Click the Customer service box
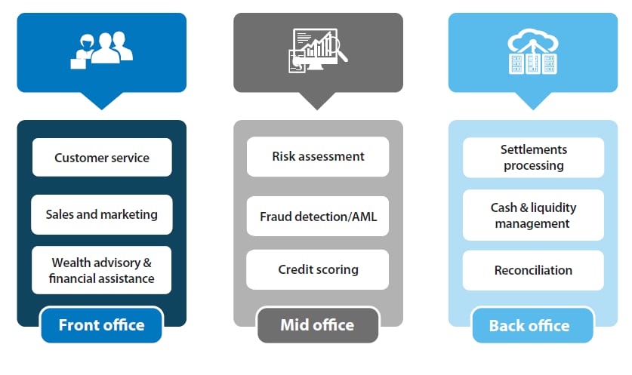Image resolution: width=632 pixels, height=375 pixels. click(102, 157)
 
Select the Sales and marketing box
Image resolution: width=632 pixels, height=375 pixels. click(102, 214)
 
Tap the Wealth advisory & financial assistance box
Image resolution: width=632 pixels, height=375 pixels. click(102, 270)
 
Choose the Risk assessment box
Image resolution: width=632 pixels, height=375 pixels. click(318, 156)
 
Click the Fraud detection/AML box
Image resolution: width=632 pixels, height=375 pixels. click(318, 217)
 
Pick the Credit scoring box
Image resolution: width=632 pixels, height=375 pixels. click(318, 269)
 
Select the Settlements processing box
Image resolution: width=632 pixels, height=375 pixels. click(533, 158)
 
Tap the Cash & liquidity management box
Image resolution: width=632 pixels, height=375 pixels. click(533, 215)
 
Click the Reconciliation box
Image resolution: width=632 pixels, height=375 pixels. click(533, 270)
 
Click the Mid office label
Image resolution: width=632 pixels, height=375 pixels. click(318, 325)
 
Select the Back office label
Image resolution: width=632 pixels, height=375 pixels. click(532, 325)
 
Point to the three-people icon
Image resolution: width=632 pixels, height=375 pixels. click(102, 50)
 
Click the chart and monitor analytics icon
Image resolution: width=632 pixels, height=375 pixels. click(318, 51)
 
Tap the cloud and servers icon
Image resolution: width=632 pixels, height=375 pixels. click(533, 51)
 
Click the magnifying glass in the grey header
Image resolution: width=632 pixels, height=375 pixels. click(338, 49)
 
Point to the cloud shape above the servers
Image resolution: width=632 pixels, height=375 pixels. click(533, 39)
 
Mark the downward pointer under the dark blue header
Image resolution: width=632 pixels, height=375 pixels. click(102, 100)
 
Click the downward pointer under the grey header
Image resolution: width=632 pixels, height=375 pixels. click(317, 100)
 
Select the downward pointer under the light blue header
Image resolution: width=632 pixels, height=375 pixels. click(533, 100)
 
